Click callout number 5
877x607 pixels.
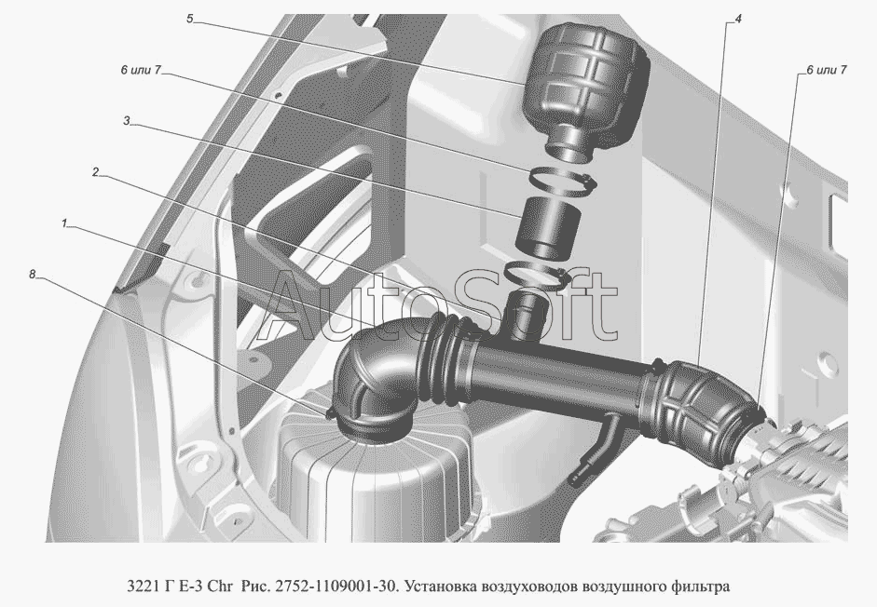(189, 19)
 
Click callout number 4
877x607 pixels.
(738, 19)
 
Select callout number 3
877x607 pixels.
(127, 121)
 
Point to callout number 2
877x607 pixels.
(96, 172)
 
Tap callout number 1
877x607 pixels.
(64, 223)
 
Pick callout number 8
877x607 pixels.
(33, 274)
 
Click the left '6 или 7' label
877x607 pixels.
(141, 70)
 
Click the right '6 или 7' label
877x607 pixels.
(826, 70)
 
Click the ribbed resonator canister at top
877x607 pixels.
(586, 89)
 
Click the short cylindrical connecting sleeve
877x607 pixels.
(549, 229)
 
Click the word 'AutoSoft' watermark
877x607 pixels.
(440, 304)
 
